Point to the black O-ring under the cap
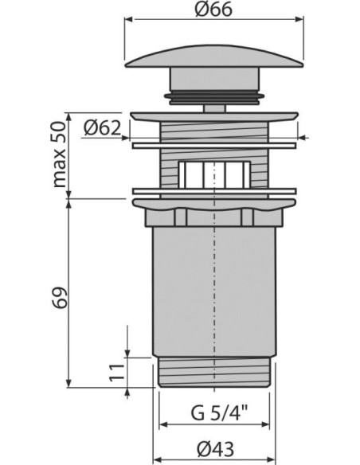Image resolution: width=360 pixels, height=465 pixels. coord(212,96)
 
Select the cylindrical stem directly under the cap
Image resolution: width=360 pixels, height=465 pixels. coord(212,82)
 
